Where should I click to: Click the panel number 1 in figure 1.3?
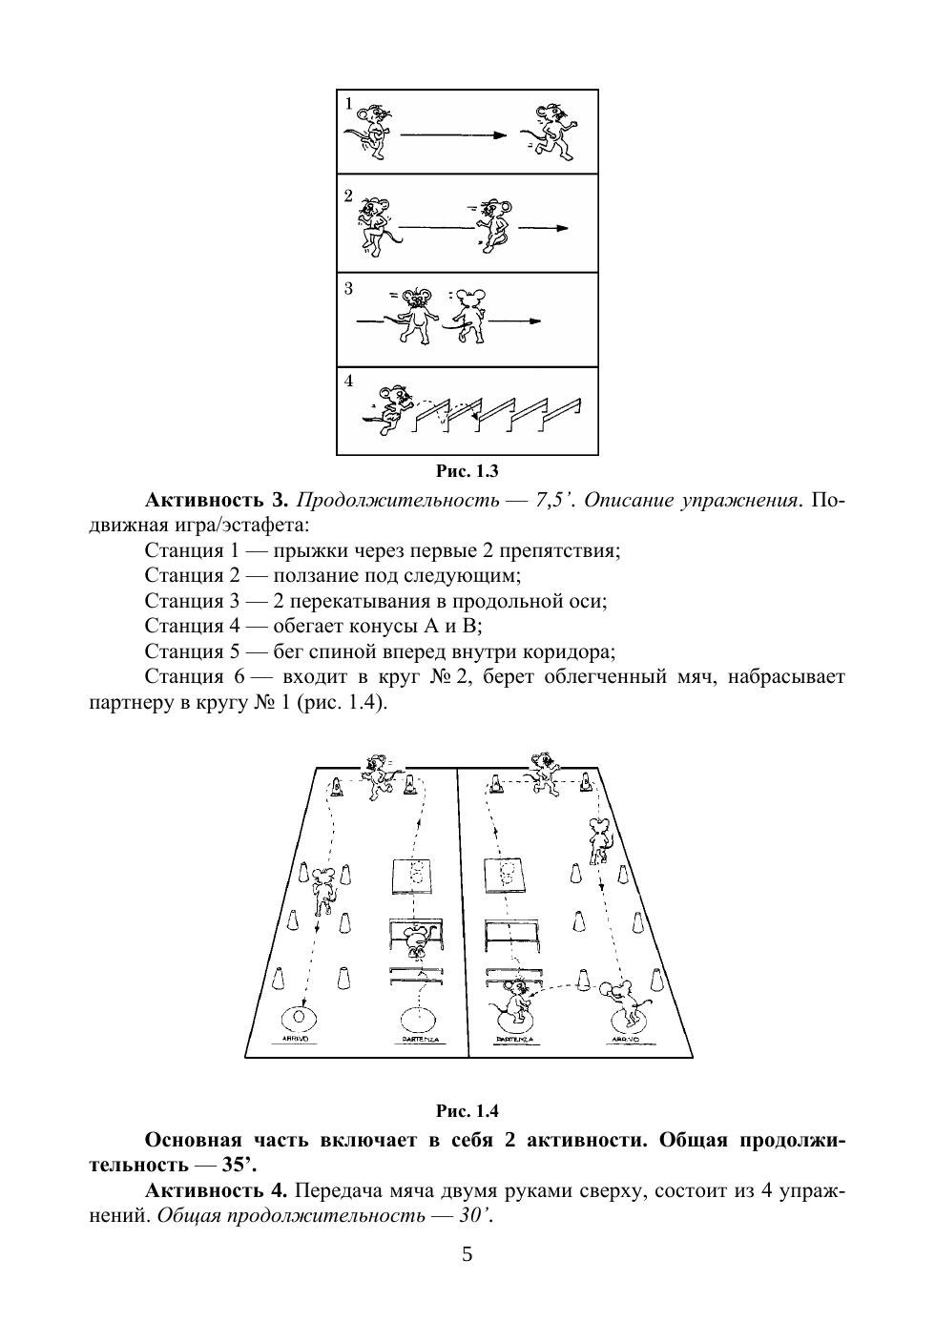(x=348, y=103)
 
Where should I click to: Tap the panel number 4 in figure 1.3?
(x=348, y=381)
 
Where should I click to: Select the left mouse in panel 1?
(x=369, y=129)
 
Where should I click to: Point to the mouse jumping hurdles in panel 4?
(x=391, y=408)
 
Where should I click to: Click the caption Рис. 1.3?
(x=467, y=471)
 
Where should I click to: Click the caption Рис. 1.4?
(x=467, y=1111)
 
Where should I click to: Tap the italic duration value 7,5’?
(x=555, y=501)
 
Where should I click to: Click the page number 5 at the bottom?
(x=467, y=1254)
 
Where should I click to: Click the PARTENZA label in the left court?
(x=416, y=1039)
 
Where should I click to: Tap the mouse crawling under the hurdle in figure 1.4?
(x=416, y=940)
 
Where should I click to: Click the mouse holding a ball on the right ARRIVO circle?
(x=625, y=1002)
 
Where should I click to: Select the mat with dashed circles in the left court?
(x=416, y=874)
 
